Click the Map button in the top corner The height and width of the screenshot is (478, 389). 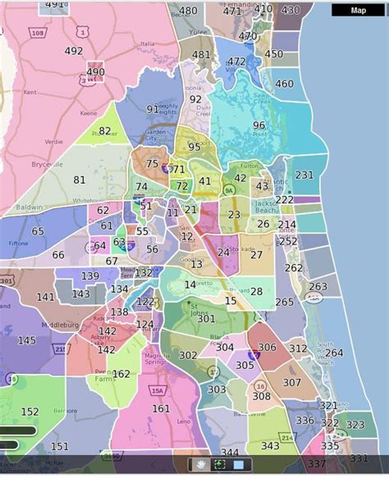(x=358, y=11)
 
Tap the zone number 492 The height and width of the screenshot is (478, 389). (x=74, y=51)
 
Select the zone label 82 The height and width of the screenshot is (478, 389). (x=105, y=130)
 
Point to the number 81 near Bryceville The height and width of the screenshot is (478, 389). (x=80, y=180)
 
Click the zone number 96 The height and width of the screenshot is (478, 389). (x=259, y=125)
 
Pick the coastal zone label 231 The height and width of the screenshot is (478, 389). (x=304, y=175)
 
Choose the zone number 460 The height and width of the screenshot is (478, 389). (x=284, y=84)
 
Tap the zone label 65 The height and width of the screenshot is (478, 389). (x=38, y=232)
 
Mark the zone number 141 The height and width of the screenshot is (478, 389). (x=46, y=297)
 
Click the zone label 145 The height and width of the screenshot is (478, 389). (x=26, y=340)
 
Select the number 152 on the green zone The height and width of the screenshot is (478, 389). (x=30, y=412)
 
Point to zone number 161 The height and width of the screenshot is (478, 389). (x=161, y=408)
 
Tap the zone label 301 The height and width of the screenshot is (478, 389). (x=206, y=319)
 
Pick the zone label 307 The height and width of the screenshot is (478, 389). (x=292, y=383)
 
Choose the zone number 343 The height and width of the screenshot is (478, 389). (x=271, y=446)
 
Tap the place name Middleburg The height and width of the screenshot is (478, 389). (x=48, y=324)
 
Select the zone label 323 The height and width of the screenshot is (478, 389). (x=355, y=425)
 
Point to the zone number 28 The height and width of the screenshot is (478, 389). (x=257, y=291)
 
